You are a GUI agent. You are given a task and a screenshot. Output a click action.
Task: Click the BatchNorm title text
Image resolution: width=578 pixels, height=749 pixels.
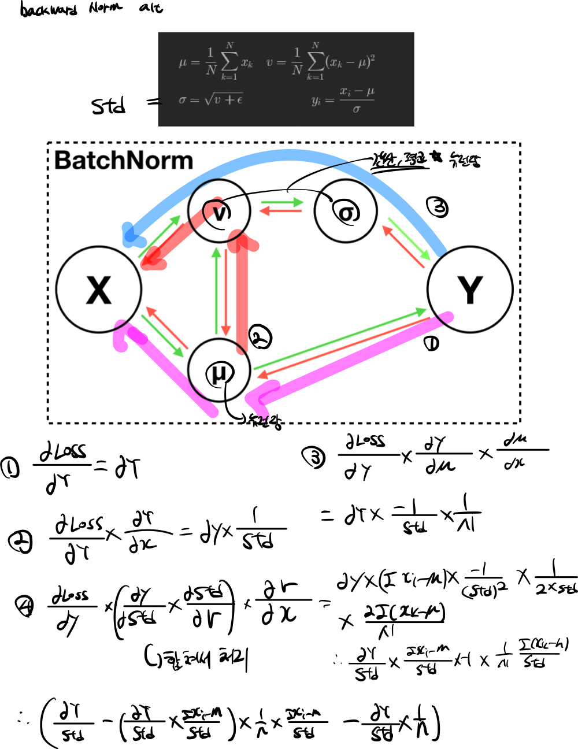pyautogui.click(x=124, y=161)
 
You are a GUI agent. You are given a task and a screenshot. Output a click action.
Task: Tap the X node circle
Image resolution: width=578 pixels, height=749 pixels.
pyautogui.click(x=99, y=290)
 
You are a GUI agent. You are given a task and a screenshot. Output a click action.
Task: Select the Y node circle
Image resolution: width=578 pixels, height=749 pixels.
pyautogui.click(x=470, y=290)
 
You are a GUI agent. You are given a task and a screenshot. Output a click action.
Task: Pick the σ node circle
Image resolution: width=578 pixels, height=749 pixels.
pyautogui.click(x=346, y=212)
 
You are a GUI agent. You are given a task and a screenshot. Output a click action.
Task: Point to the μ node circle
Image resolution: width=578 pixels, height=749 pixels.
pyautogui.click(x=219, y=370)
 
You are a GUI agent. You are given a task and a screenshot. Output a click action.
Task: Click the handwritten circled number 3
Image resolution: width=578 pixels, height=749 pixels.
pyautogui.click(x=438, y=207)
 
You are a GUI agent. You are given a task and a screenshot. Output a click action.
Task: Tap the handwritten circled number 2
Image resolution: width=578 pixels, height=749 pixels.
pyautogui.click(x=260, y=337)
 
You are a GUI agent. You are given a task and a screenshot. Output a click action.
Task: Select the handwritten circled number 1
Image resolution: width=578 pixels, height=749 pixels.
pyautogui.click(x=431, y=344)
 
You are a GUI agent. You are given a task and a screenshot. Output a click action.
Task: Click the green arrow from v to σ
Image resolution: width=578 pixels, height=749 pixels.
pyautogui.click(x=282, y=202)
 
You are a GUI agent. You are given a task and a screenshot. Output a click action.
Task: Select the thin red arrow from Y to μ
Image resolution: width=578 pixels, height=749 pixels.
pyautogui.click(x=344, y=347)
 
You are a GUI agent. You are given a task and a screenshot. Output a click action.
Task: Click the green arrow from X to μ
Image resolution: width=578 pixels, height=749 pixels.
pyautogui.click(x=162, y=336)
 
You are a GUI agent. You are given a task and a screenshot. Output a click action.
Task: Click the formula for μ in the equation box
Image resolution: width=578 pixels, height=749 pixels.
pyautogui.click(x=216, y=62)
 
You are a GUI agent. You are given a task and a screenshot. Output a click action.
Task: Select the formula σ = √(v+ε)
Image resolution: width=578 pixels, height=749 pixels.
pyautogui.click(x=210, y=99)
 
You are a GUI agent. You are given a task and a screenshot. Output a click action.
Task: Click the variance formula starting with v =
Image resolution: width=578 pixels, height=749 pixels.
pyautogui.click(x=320, y=62)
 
